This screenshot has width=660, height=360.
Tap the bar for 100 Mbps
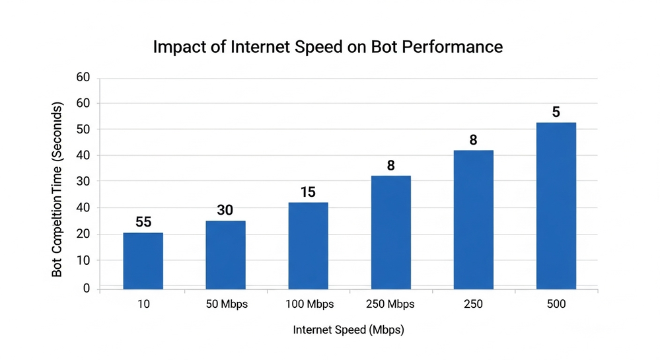tap(308, 246)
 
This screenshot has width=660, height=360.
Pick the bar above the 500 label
tap(556, 205)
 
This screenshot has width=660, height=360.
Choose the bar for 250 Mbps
tap(390, 233)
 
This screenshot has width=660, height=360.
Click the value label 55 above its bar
tap(143, 222)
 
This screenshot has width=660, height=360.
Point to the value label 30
tap(226, 210)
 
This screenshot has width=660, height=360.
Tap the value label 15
tap(309, 192)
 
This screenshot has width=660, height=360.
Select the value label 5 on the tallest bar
tap(556, 112)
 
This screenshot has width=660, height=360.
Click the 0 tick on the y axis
tap(87, 289)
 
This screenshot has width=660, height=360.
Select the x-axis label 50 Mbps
tap(225, 305)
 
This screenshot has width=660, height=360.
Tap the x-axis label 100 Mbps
tap(308, 305)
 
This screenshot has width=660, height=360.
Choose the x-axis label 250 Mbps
tap(390, 305)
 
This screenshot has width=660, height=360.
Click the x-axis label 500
tap(556, 305)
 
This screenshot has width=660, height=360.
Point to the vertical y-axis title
tap(57, 190)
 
